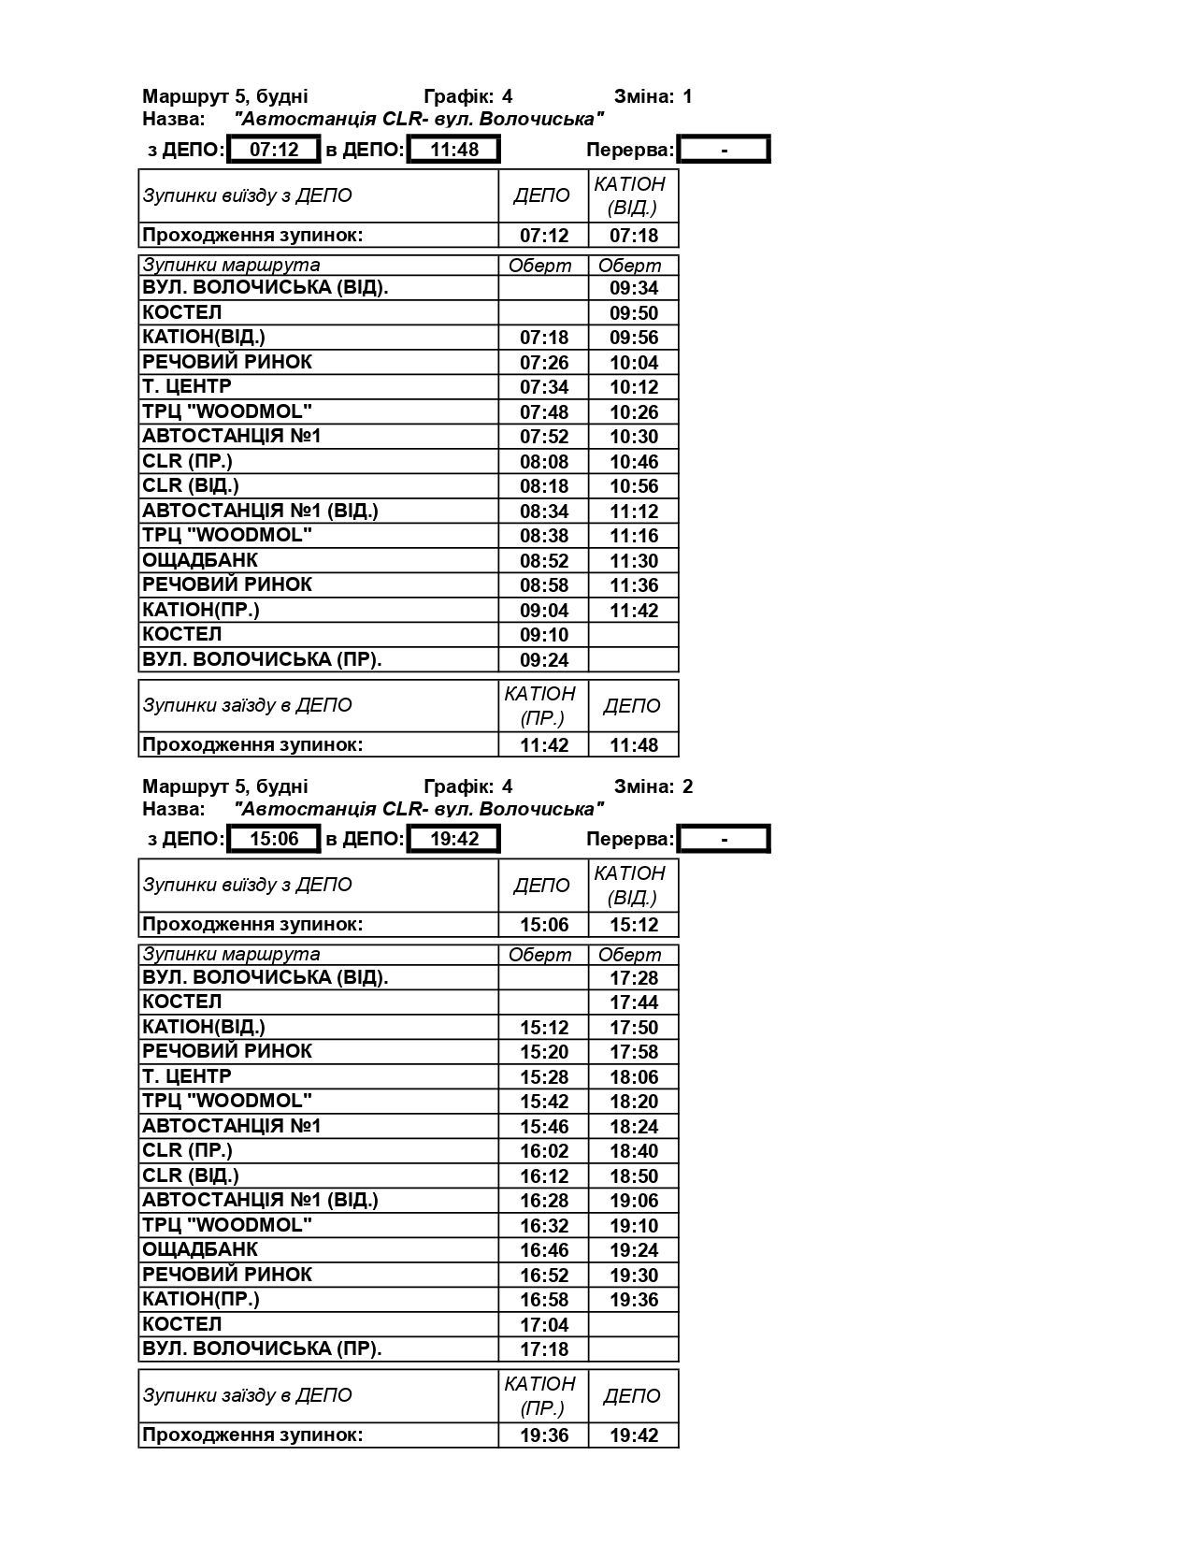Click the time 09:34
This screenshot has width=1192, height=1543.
click(x=634, y=288)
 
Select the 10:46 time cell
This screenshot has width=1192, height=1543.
click(x=634, y=462)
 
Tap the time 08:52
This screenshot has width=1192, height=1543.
click(x=544, y=561)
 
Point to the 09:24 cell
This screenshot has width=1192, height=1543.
click(x=544, y=660)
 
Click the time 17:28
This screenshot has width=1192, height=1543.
click(x=634, y=978)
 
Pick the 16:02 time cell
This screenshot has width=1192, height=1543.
click(x=544, y=1151)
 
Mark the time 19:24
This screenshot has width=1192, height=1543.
click(x=634, y=1250)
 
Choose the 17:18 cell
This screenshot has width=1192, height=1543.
click(x=544, y=1349)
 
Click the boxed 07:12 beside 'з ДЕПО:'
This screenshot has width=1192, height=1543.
click(x=274, y=150)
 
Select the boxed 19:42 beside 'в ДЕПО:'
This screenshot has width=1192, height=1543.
click(x=454, y=839)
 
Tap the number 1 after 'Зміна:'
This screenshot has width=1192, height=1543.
click(x=688, y=96)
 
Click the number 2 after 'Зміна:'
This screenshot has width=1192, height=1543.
click(x=688, y=786)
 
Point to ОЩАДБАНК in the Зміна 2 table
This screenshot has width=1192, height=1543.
click(x=200, y=1249)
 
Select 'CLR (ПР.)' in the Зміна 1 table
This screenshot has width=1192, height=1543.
click(x=187, y=461)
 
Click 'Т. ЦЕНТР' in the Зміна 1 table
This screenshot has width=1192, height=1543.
click(x=187, y=386)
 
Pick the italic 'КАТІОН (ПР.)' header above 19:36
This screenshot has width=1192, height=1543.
click(x=540, y=1395)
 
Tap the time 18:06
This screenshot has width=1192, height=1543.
click(x=634, y=1077)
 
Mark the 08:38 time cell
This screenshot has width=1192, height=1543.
click(x=544, y=536)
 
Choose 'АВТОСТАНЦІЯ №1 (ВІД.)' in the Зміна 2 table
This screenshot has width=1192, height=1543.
click(x=260, y=1200)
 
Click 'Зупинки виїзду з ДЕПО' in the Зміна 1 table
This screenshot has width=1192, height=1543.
click(x=248, y=195)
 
